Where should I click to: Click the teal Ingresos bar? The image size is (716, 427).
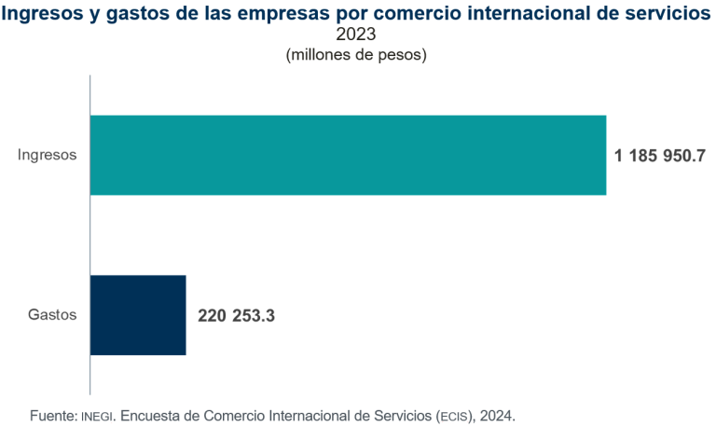tap(348, 155)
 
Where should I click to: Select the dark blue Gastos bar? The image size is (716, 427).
tap(138, 315)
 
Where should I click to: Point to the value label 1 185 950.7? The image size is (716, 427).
tap(658, 156)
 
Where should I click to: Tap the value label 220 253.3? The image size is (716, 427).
tap(236, 316)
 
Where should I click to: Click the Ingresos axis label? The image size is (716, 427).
tap(48, 155)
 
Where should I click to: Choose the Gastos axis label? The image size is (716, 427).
tap(52, 315)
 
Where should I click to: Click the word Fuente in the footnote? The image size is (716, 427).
tap(52, 413)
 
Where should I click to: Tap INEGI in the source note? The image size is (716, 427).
tap(98, 413)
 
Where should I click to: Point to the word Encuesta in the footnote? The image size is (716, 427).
tap(148, 413)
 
